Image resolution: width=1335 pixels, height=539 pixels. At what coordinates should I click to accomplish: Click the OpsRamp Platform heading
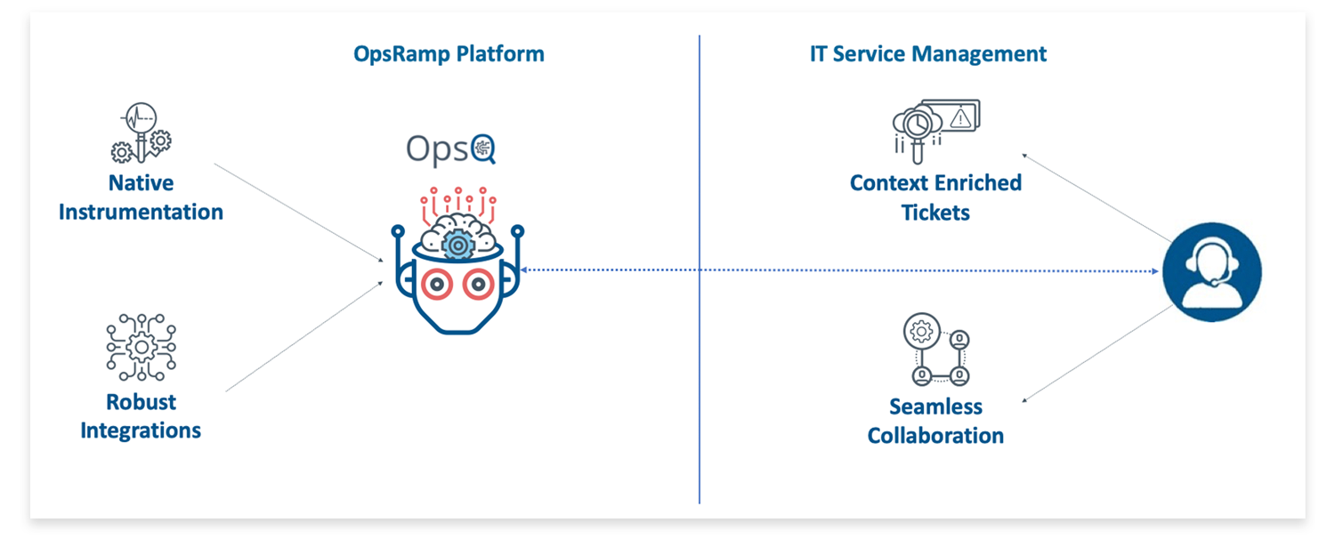(449, 53)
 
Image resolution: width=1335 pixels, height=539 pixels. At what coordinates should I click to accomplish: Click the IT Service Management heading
(928, 53)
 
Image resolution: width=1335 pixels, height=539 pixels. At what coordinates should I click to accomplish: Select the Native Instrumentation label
(141, 197)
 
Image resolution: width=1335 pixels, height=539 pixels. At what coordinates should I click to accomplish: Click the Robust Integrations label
(141, 416)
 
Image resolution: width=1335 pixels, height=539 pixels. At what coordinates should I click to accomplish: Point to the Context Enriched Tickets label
(935, 197)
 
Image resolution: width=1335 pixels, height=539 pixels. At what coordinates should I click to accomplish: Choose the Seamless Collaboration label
(935, 422)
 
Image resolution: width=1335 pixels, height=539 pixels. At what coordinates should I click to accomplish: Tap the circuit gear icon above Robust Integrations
(141, 347)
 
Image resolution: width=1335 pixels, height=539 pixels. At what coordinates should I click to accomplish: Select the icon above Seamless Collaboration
(935, 350)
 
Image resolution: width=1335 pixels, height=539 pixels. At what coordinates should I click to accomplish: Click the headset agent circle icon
(1211, 269)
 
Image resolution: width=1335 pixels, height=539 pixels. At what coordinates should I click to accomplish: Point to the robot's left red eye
(437, 285)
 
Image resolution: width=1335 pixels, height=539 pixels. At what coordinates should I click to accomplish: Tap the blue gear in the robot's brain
(457, 244)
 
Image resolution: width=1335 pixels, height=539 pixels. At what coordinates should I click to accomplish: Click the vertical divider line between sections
(700, 356)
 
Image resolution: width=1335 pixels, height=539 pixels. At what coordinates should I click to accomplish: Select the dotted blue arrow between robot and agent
(837, 269)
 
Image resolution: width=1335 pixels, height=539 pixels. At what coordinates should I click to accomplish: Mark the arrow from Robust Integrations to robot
(303, 338)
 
